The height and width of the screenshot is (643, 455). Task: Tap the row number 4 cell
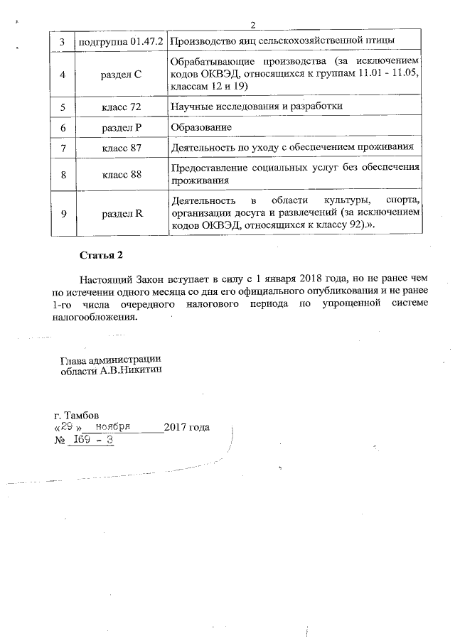63,74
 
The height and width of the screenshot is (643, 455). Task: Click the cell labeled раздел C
120,74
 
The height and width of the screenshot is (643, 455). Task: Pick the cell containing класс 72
120,107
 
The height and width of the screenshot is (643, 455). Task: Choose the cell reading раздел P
120,127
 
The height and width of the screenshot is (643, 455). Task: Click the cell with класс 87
120,148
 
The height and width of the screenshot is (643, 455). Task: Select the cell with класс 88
120,174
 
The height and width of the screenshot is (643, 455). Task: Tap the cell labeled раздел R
120,212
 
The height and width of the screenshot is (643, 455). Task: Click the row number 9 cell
63,212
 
